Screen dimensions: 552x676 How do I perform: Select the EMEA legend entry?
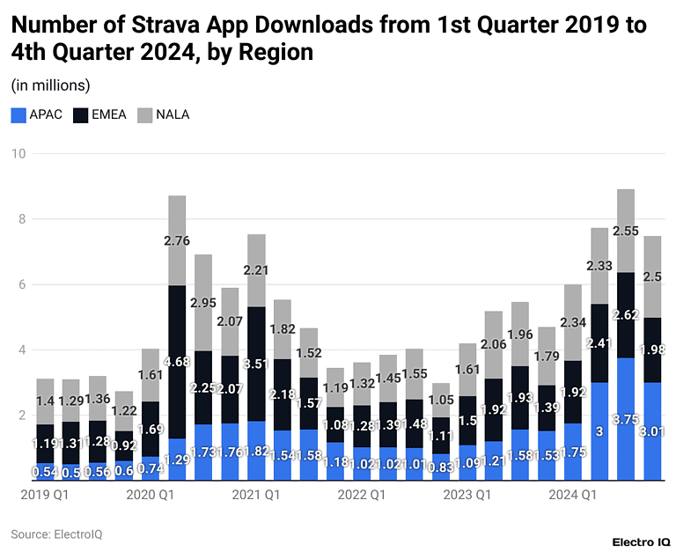(101, 114)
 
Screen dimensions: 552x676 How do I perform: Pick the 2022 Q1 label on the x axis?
(361, 496)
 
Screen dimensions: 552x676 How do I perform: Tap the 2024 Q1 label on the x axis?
(572, 496)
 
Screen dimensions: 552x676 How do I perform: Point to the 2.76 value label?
(176, 240)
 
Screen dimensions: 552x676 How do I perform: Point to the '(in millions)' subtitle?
(50, 85)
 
